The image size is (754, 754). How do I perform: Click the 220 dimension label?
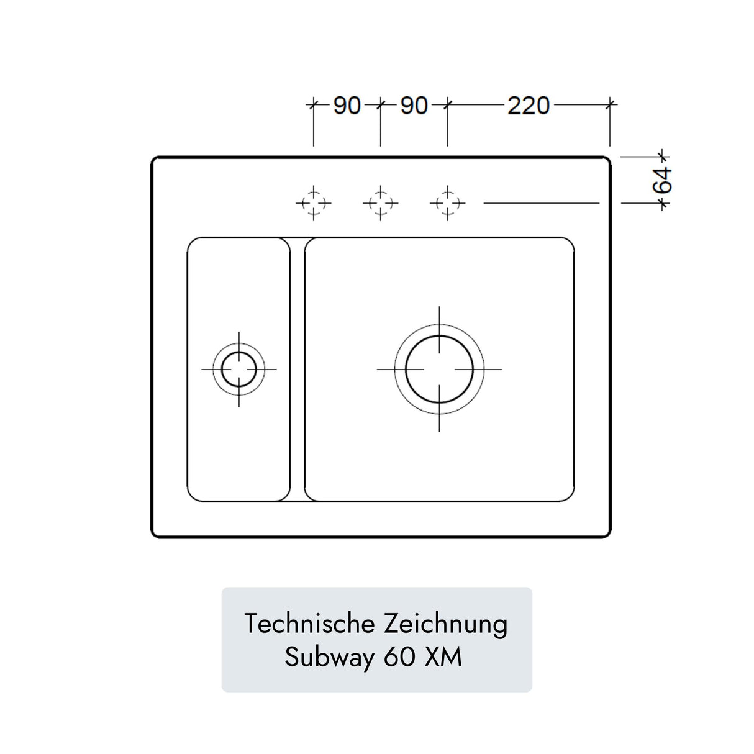(x=529, y=106)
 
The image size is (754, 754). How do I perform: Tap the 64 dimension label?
(x=663, y=180)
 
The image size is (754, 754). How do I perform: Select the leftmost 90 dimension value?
(x=347, y=106)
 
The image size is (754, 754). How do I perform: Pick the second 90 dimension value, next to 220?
(x=414, y=106)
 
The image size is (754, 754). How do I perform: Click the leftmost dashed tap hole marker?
(x=314, y=202)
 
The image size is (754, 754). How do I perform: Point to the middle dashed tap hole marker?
(x=381, y=202)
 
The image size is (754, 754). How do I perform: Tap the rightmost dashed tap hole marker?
(x=448, y=202)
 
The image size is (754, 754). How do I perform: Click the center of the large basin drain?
(x=439, y=369)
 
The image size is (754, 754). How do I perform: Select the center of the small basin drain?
(x=239, y=369)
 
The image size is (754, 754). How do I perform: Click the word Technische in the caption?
(x=309, y=624)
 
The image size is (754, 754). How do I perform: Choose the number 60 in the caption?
(x=399, y=656)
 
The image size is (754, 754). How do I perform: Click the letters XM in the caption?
(x=443, y=656)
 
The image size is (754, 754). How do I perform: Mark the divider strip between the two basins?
(x=298, y=369)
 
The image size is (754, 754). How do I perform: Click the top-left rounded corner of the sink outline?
(x=155, y=160)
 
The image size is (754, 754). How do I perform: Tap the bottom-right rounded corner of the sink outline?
(x=607, y=534)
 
